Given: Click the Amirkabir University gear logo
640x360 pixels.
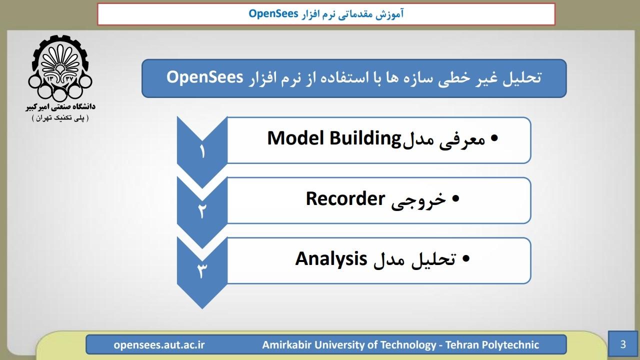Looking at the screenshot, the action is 60,68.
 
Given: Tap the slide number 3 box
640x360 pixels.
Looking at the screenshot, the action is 623,344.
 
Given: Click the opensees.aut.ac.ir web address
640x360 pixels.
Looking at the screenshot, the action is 159,345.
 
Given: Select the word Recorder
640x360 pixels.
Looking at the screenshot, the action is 345,198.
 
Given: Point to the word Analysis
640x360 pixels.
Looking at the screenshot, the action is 331,259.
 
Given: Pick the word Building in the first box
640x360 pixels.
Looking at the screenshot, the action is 365,139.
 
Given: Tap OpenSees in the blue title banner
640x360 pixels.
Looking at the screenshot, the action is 204,77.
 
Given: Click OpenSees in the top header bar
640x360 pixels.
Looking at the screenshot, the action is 273,13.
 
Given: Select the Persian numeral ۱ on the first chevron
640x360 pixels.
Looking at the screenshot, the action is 202,151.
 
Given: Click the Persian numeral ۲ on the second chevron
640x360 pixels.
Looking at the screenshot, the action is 202,211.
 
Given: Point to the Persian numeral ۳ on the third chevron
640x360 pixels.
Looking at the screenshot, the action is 202,271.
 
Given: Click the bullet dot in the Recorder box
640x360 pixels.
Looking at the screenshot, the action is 455,198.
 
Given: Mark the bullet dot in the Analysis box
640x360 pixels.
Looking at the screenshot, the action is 465,259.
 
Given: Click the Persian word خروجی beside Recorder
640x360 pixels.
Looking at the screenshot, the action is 418,200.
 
